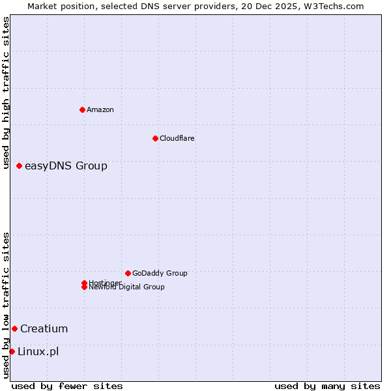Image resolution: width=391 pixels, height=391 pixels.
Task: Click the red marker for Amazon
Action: point(82,109)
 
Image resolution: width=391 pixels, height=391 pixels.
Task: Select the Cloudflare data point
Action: point(155,138)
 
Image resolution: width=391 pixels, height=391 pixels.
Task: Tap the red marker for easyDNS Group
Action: point(20,166)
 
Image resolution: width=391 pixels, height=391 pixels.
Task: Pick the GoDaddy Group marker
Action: point(128,273)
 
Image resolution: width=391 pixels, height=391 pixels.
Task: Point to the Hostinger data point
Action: point(84,283)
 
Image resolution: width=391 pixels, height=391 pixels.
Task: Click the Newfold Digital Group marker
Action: point(84,287)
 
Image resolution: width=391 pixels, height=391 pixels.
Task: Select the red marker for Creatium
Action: point(14,328)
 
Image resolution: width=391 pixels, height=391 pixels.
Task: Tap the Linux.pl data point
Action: point(12,352)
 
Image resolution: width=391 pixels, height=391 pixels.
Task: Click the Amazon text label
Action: point(100,109)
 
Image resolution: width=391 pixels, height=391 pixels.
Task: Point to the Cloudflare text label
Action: point(177,138)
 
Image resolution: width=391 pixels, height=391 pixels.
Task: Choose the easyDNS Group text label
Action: point(66,166)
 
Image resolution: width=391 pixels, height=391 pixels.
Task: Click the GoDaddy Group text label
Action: point(160,273)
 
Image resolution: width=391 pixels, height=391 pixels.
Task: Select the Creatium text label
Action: point(44,328)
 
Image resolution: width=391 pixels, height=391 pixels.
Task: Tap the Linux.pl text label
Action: point(38,352)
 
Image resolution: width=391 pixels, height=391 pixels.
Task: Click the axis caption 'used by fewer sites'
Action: point(67,386)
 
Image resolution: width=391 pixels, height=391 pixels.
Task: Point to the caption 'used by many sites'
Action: point(327,386)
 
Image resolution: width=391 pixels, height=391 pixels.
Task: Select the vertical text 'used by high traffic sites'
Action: point(6,93)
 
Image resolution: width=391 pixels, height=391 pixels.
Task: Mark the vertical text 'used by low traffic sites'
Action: point(6,305)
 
